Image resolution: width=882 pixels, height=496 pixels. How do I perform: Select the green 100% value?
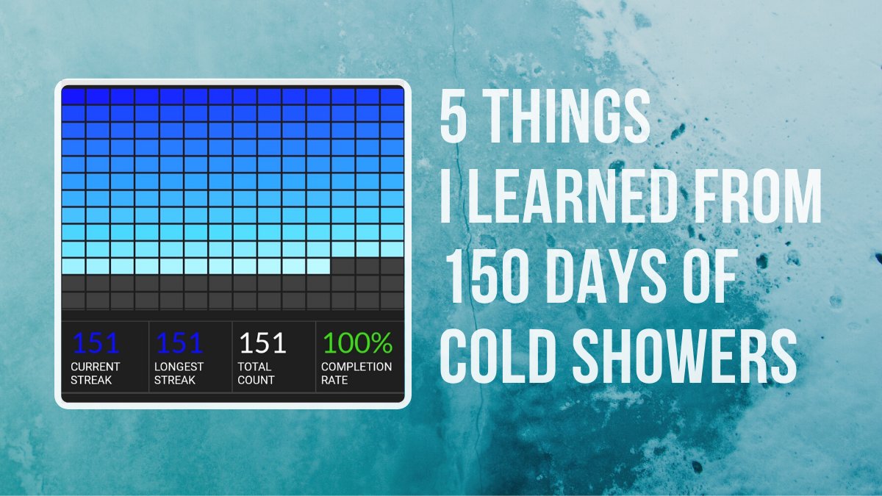coord(357,343)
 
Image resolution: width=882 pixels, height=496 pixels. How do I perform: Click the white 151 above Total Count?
coord(263,343)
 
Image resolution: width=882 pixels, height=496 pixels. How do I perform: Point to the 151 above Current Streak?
coord(96,343)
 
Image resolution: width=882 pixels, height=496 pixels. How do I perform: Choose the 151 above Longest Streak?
coord(179,343)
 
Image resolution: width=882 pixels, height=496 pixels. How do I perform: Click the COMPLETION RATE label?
coord(356,373)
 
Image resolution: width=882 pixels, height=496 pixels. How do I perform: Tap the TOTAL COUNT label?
coord(256,373)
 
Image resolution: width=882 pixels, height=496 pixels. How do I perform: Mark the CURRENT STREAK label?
coord(96,373)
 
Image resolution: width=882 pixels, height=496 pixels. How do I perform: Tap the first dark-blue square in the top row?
coord(73,96)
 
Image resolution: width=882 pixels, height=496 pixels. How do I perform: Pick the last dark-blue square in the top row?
coord(392,96)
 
